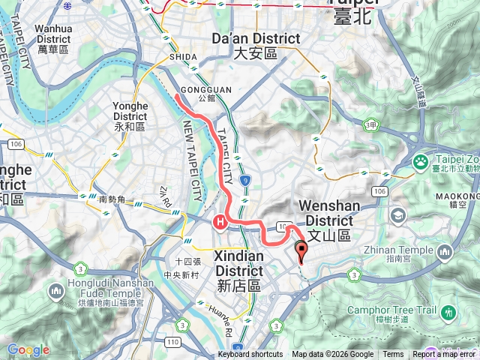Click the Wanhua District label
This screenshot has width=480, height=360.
click(x=52, y=38)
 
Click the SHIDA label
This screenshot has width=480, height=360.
click(x=184, y=57)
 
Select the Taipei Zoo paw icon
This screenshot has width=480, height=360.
click(x=421, y=160)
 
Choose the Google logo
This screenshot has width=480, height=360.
click(x=28, y=350)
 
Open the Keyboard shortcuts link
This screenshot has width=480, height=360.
click(x=250, y=355)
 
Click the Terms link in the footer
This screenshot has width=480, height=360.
click(x=393, y=355)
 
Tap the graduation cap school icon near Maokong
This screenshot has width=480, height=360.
click(x=398, y=216)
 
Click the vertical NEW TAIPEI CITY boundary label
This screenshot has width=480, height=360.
click(x=196, y=165)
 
